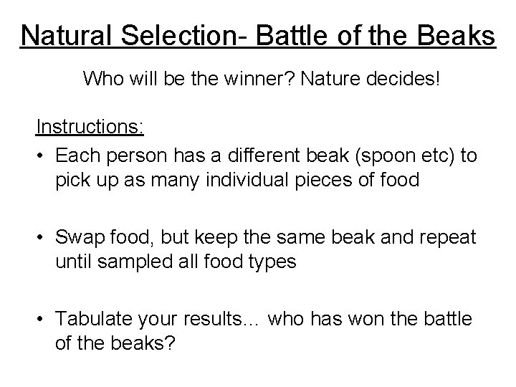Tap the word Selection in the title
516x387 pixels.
click(x=164, y=35)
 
